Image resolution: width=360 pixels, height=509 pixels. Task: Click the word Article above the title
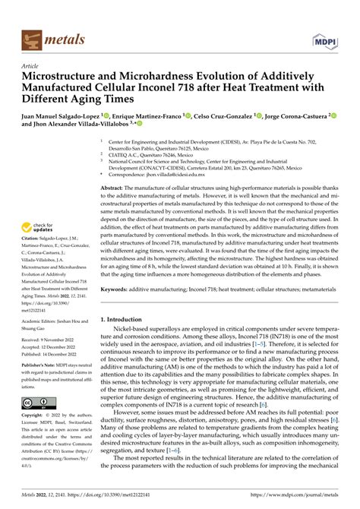[33, 66]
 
